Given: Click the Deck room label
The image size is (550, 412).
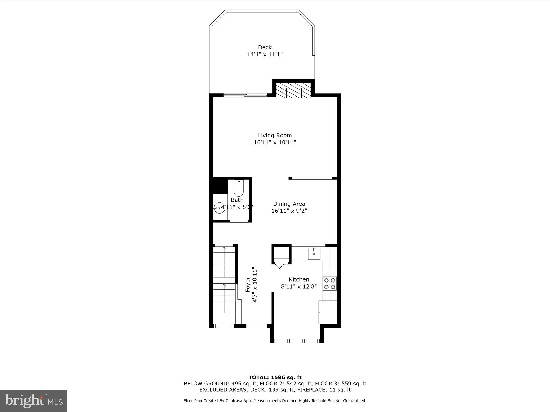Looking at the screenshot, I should [x=265, y=47].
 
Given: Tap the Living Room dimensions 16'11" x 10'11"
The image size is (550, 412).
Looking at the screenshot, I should [x=275, y=142].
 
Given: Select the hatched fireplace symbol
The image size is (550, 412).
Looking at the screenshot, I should [x=294, y=91].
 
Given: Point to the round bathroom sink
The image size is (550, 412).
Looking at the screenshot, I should [x=219, y=208].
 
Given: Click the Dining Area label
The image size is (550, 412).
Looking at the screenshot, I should [x=289, y=204].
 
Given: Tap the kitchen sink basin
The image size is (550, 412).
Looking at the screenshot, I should [x=314, y=254].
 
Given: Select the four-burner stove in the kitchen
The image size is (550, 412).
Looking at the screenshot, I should [x=330, y=284].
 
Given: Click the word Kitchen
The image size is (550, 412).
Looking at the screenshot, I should [x=299, y=279].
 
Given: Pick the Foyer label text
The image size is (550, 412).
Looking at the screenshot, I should [x=248, y=285].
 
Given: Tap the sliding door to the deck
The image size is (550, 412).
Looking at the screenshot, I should [x=245, y=95].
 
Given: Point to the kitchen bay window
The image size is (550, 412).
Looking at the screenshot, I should [x=297, y=341].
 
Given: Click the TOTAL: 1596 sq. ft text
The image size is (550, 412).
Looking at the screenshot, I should [x=275, y=378].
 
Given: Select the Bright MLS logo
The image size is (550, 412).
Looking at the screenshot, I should [x=34, y=401].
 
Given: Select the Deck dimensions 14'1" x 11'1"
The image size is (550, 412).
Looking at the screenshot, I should [x=265, y=54].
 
